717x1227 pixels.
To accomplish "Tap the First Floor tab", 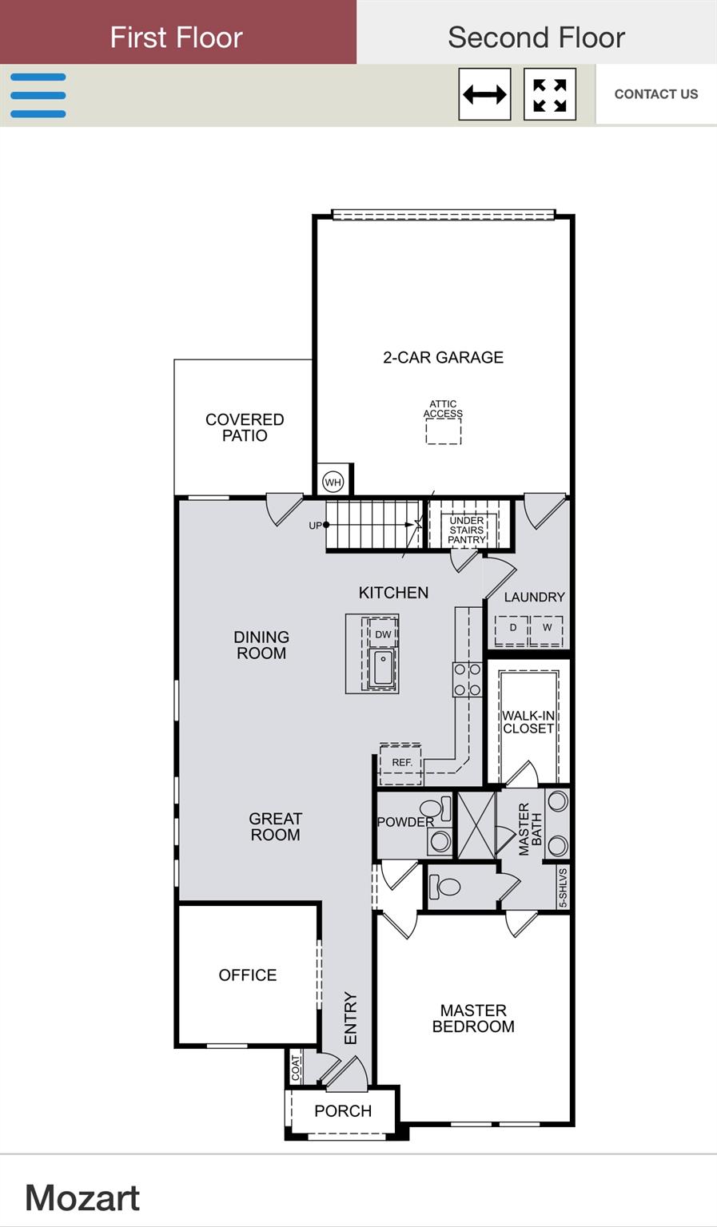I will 177,37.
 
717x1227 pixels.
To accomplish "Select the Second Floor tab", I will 536,37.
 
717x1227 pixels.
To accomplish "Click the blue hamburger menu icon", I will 38,95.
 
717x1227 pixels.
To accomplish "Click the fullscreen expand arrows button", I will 550,94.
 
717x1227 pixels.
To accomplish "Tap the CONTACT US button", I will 655,94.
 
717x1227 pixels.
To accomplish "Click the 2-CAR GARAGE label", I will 443,357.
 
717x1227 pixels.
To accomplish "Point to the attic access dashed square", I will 443,431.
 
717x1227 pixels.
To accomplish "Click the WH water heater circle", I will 333,482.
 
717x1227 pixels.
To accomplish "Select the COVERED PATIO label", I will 245,427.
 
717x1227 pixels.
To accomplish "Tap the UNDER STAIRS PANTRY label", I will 467,530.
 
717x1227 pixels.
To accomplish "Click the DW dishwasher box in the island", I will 384,634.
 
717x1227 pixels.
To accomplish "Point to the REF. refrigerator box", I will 401,762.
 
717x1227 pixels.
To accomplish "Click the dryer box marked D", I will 512,629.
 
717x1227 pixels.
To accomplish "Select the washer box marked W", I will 548,629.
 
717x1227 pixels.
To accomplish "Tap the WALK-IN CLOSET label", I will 528,722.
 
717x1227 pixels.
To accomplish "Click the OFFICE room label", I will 248,975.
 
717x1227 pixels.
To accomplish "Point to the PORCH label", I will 343,1110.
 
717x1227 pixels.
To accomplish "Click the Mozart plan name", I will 82,1197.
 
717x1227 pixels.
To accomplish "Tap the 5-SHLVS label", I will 563,887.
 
